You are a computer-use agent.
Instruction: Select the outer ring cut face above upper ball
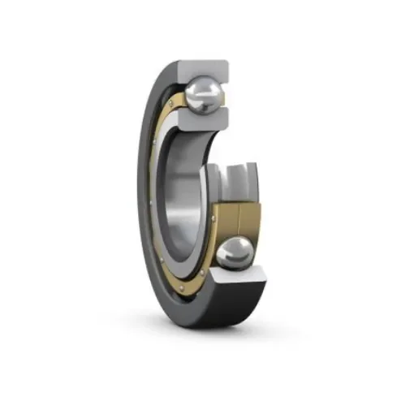203,70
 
